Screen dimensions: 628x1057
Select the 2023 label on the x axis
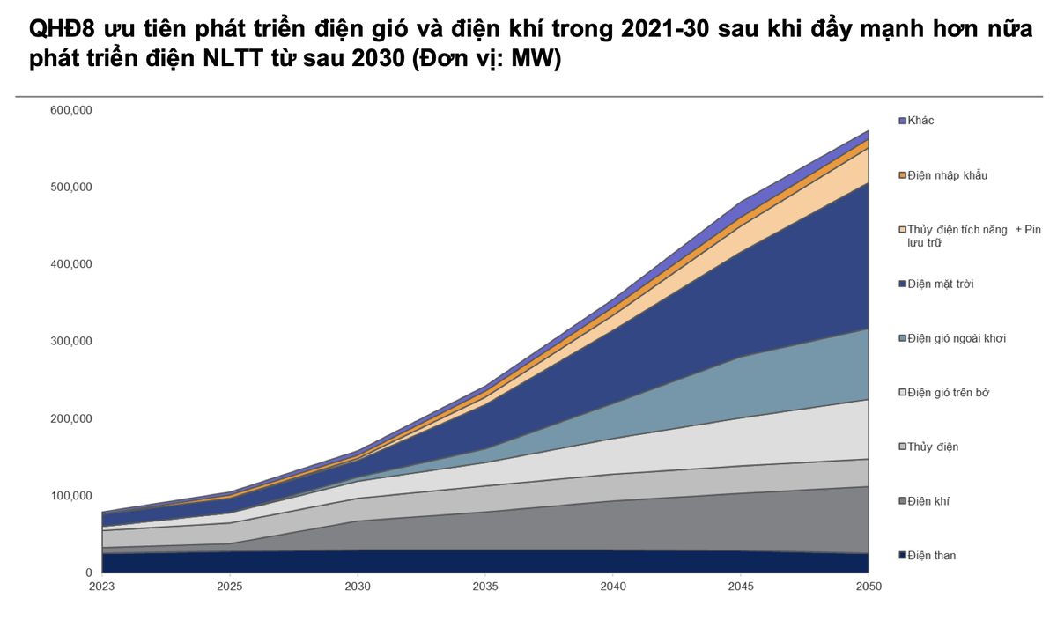click(102, 586)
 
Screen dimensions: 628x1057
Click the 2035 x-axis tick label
click(485, 586)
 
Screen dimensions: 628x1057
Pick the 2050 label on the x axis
click(869, 586)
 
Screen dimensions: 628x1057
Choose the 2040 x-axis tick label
click(613, 586)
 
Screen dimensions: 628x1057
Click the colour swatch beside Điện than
click(902, 556)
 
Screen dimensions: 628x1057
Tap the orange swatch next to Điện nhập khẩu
click(902, 175)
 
